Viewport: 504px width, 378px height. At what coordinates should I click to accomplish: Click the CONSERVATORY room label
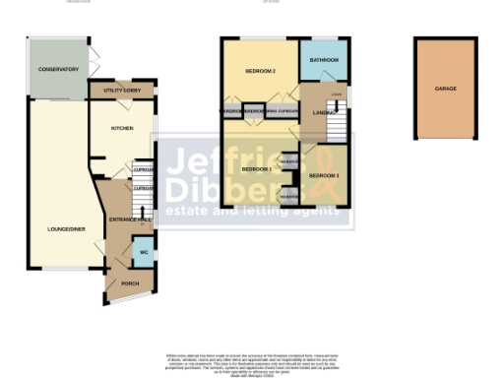point(58,70)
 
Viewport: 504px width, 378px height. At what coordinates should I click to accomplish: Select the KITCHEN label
point(122,128)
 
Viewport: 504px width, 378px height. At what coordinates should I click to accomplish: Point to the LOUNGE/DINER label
point(62,229)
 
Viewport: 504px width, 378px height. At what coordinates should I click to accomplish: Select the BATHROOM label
point(324,61)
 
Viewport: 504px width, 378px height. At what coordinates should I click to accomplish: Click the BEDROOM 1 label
point(257,169)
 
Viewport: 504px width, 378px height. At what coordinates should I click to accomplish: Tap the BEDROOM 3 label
point(324,175)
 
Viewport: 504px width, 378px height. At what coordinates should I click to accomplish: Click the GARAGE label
point(445,89)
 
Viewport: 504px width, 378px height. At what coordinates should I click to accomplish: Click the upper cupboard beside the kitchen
point(143,168)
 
